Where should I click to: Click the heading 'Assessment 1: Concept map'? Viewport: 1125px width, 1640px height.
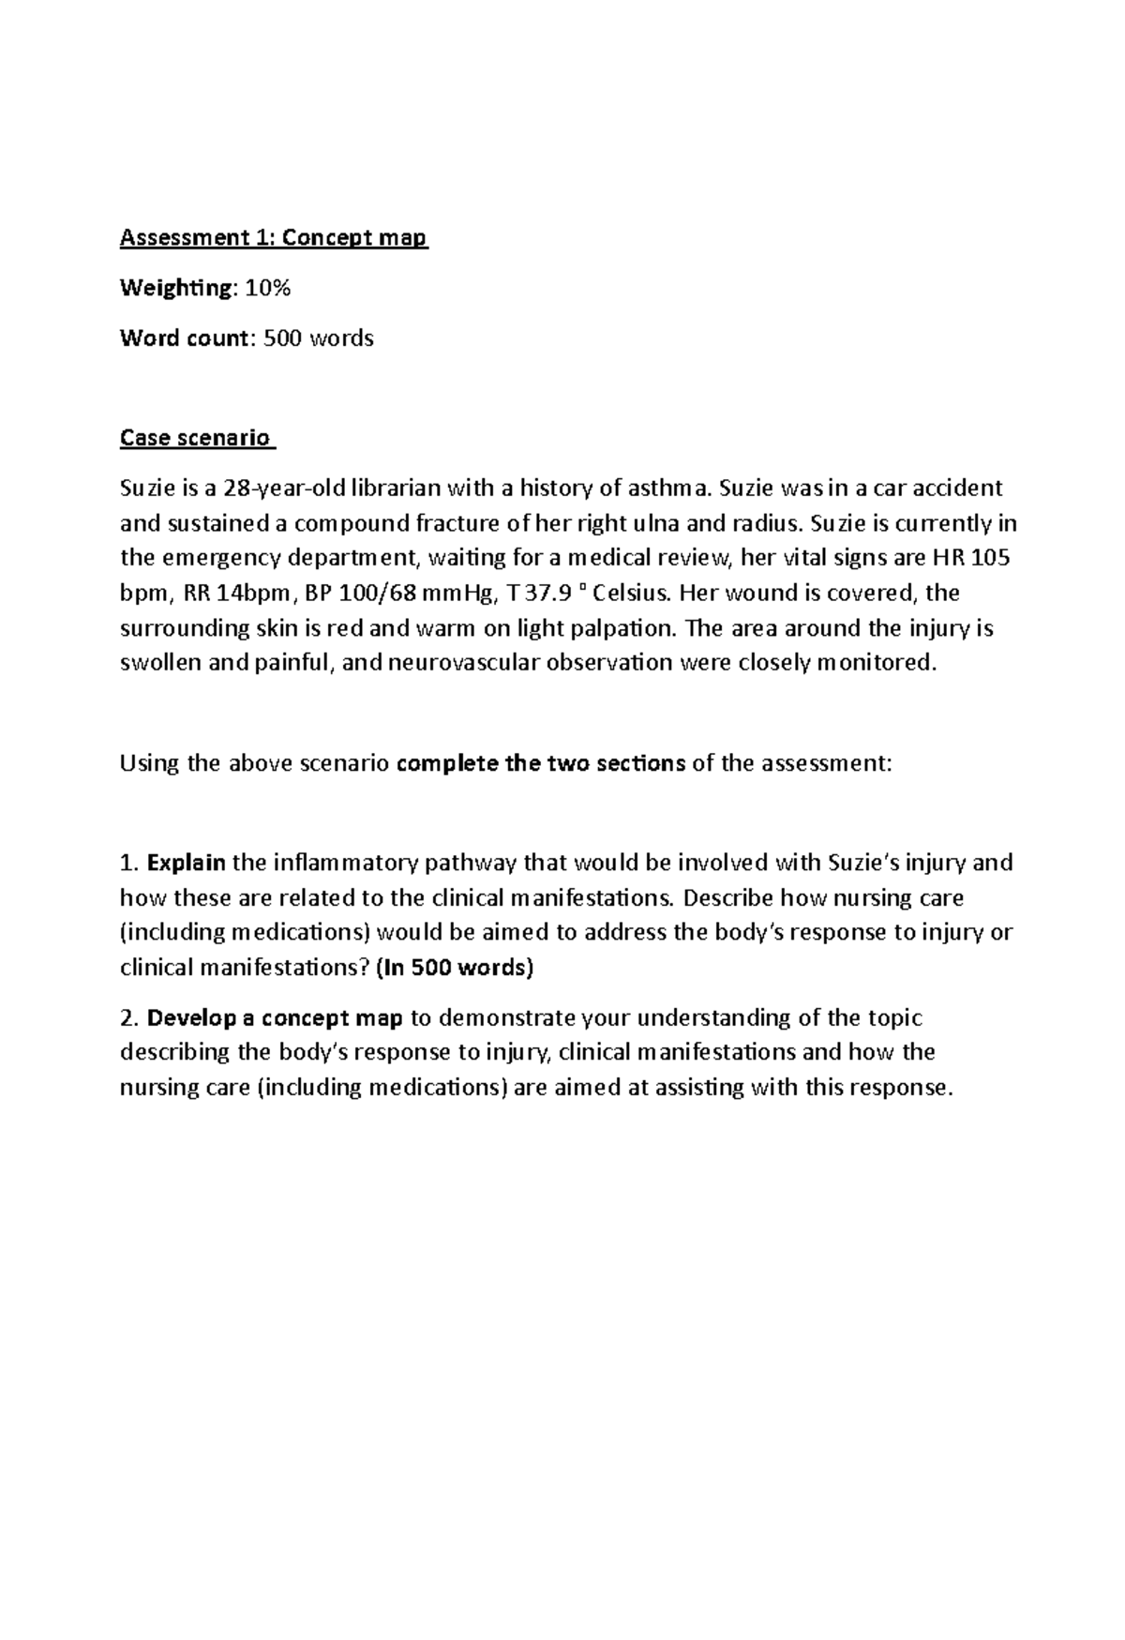[x=273, y=238]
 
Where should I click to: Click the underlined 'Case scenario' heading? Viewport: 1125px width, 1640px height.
[x=196, y=438]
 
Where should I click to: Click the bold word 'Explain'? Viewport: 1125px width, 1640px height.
[x=187, y=862]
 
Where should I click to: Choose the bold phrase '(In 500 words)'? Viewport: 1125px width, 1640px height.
[x=454, y=967]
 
